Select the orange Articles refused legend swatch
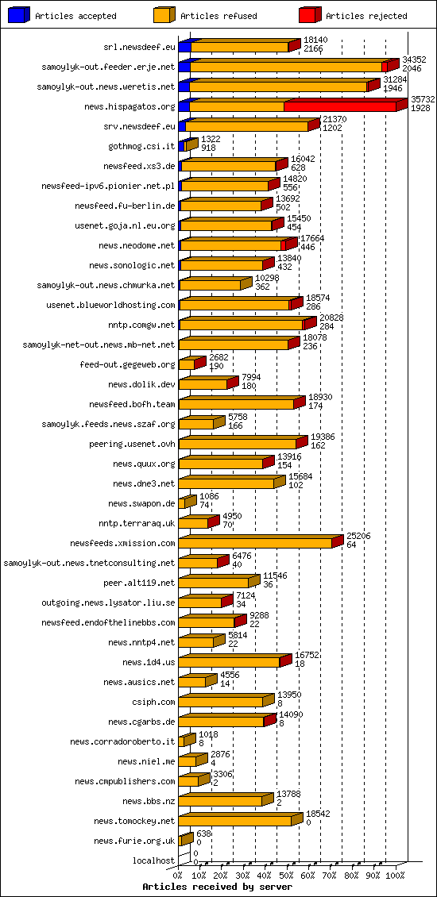[x=164, y=14]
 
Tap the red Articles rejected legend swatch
[x=311, y=14]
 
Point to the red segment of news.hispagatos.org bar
[x=340, y=106]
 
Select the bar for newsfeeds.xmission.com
[x=255, y=543]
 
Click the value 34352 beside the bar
[x=414, y=60]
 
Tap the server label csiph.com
[x=153, y=702]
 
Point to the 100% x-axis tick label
[x=395, y=876]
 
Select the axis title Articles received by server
[x=217, y=887]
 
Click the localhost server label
[x=153, y=860]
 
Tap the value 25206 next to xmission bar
[x=358, y=536]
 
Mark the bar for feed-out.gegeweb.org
[x=188, y=364]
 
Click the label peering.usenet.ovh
[x=132, y=444]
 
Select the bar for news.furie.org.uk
[x=185, y=841]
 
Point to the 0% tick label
[x=178, y=876]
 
